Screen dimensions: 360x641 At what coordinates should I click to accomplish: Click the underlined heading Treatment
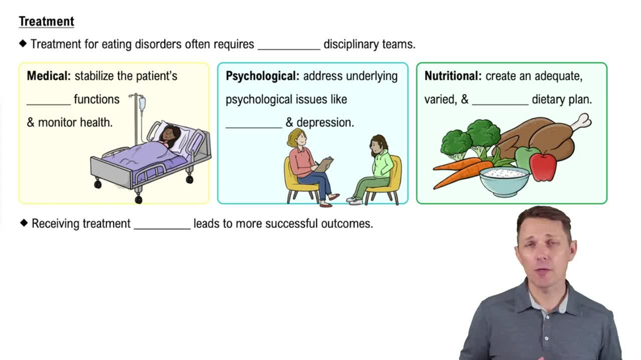coord(46,21)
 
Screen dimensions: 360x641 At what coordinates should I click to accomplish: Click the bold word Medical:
coord(49,76)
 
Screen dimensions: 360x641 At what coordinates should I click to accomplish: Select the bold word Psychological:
coord(262,76)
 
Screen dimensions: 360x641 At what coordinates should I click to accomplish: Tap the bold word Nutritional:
coord(453,76)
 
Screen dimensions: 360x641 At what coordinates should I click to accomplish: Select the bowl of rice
coord(505,179)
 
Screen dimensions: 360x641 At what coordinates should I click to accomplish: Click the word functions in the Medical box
coord(96,99)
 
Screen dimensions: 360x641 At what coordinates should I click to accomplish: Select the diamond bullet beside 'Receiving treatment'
coord(24,223)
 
